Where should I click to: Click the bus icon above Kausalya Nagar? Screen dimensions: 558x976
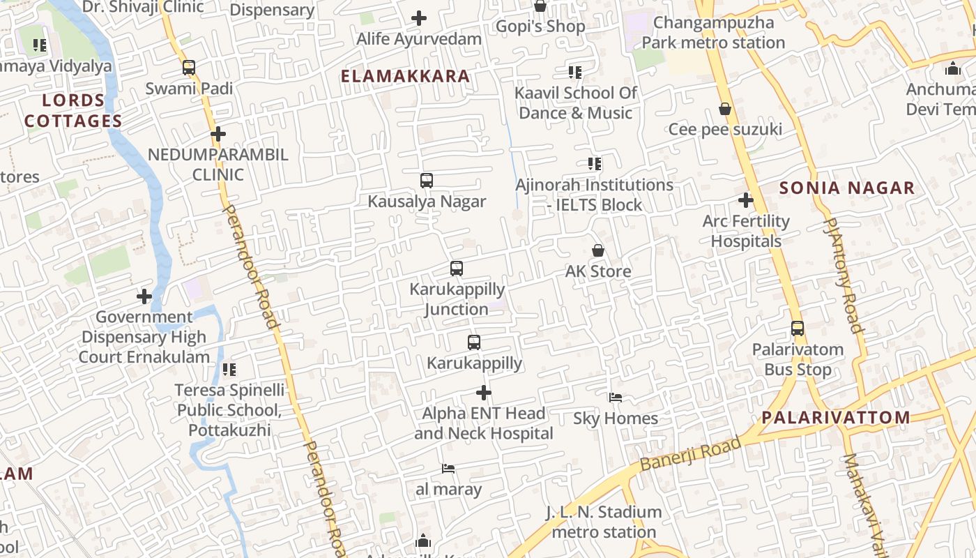[x=427, y=181]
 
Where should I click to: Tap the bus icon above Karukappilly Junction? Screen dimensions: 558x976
[x=457, y=269]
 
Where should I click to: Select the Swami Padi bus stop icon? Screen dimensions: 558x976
[x=189, y=68]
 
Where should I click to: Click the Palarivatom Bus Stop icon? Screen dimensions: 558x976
[x=798, y=329]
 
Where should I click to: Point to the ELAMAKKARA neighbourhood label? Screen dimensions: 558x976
[x=405, y=76]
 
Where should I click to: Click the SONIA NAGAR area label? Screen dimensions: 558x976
[x=847, y=188]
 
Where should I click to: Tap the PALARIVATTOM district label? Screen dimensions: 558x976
[x=836, y=418]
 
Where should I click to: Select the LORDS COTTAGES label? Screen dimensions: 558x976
[x=73, y=111]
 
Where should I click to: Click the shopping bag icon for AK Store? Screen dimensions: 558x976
[x=598, y=250]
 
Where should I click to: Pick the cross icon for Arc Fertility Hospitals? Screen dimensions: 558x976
[x=746, y=201]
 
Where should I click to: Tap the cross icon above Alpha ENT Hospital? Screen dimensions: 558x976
[x=484, y=393]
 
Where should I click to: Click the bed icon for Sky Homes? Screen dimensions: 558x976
[x=616, y=398]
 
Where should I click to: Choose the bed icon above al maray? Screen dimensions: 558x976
[x=448, y=469]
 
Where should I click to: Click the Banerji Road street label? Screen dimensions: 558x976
[x=690, y=454]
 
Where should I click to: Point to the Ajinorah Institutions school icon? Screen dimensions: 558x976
[x=594, y=164]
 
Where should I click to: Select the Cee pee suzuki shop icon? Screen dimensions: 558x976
[x=725, y=109]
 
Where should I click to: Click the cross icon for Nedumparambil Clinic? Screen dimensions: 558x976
[x=218, y=134]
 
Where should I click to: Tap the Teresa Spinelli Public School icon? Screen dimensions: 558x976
[x=229, y=369]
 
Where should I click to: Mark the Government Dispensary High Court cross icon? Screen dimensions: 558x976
[x=144, y=296]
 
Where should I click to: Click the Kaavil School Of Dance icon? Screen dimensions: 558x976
[x=575, y=72]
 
